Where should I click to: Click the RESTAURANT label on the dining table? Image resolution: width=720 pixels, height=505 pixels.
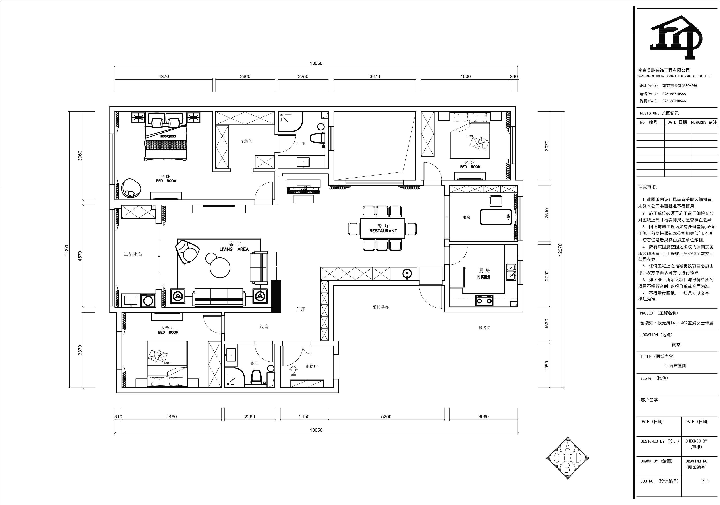click(383, 231)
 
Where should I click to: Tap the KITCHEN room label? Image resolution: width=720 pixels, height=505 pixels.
click(484, 277)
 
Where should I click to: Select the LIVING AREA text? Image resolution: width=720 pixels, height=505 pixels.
click(234, 249)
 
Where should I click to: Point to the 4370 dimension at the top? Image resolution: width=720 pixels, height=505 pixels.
click(164, 77)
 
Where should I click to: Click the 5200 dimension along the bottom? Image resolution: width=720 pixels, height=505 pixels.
click(386, 416)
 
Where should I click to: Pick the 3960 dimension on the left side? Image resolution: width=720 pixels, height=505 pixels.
click(80, 156)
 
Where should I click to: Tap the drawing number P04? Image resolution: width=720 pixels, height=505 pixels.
click(705, 480)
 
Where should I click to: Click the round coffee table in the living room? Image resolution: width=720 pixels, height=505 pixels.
click(220, 268)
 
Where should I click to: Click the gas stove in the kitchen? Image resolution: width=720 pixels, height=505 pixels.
click(484, 300)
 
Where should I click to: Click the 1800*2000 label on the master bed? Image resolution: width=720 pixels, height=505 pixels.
click(168, 136)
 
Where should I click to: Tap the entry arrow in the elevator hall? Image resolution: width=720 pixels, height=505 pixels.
click(293, 370)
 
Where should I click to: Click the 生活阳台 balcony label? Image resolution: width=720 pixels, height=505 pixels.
click(133, 254)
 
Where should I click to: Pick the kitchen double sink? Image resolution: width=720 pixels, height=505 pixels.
click(511, 272)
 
